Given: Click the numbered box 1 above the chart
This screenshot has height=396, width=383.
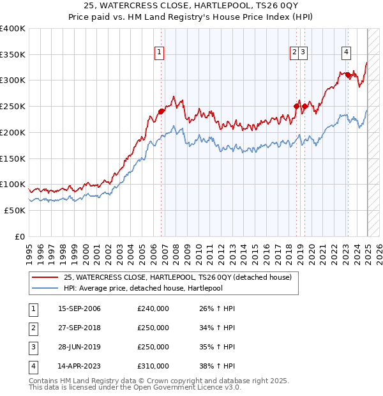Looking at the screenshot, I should click(158, 53).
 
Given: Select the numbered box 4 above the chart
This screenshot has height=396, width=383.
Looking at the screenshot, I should click(346, 53).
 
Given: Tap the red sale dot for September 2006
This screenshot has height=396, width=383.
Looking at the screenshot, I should click(161, 111).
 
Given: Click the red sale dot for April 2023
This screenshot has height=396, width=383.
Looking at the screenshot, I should click(349, 75).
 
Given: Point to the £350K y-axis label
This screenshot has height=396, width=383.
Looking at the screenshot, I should click(13, 55).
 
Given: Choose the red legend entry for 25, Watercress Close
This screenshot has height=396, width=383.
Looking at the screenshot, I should click(177, 277).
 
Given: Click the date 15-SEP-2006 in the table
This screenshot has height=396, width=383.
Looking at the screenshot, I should click(79, 308).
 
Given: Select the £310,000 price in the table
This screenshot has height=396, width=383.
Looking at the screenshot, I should click(153, 366).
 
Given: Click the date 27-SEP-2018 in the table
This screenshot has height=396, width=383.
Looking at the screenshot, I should click(79, 328).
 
